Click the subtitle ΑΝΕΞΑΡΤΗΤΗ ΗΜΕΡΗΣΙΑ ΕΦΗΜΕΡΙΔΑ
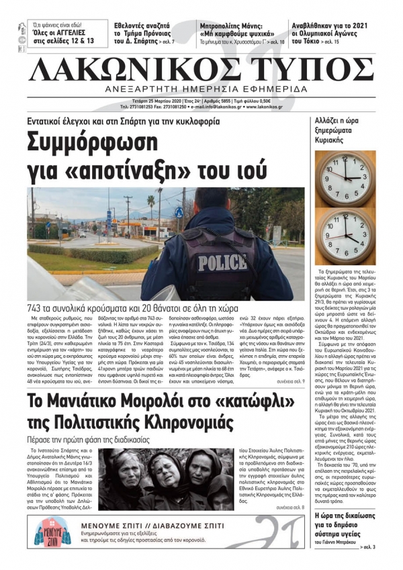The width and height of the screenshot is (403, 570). [201, 89]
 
